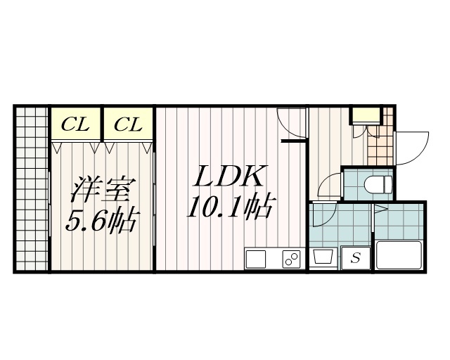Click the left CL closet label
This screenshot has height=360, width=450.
(75, 125)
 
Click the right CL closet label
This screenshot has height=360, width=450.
(129, 125)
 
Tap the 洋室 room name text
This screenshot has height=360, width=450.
(102, 190)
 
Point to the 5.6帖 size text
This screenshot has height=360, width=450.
(101, 222)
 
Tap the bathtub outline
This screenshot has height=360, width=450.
(398, 255)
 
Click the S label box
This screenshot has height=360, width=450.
(355, 258)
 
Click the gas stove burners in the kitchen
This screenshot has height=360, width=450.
(290, 259)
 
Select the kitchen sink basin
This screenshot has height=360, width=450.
(257, 259)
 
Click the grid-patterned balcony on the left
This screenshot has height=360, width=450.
(31, 188)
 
